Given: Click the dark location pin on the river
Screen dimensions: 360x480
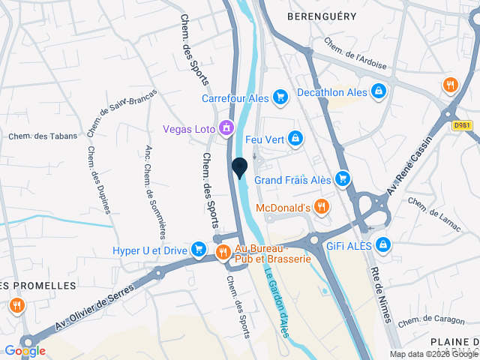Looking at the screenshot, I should pyautogui.click(x=240, y=168).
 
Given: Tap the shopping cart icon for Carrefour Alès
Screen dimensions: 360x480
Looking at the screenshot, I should pyautogui.click(x=280, y=97).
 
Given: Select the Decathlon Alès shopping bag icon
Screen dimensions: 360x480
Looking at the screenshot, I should pyautogui.click(x=379, y=91).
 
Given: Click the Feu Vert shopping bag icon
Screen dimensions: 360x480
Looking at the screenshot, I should pyautogui.click(x=296, y=138).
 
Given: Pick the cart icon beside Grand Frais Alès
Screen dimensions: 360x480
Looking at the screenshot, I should pyautogui.click(x=343, y=178).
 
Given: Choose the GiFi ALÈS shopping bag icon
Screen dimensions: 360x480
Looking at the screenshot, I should pyautogui.click(x=384, y=244).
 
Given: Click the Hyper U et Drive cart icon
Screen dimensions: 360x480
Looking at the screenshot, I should pyautogui.click(x=199, y=248).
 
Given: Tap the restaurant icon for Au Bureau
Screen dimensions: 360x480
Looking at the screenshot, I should pyautogui.click(x=223, y=253).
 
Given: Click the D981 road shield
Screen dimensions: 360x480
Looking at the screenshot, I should pyautogui.click(x=463, y=125).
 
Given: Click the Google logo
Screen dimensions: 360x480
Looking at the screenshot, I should pyautogui.click(x=25, y=350).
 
